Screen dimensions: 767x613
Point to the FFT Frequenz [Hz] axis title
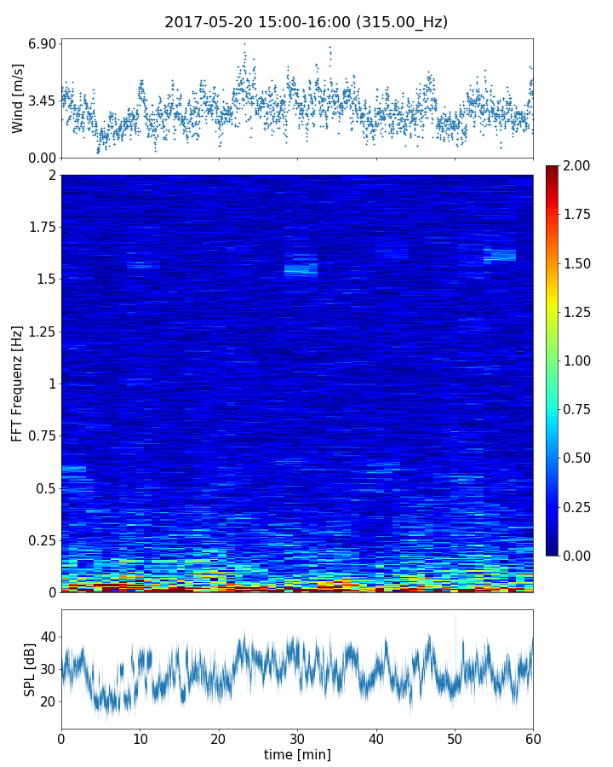pos(17,383)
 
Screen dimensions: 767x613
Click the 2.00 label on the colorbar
pos(576,165)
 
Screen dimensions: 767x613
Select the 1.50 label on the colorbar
pos(576,263)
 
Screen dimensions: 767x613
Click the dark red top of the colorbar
pos(553,170)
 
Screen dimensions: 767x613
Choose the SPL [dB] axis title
pos(30,669)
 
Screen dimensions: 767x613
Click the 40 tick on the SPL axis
pos(49,637)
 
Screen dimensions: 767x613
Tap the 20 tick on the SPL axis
pos(49,701)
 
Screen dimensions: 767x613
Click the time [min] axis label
pos(297,754)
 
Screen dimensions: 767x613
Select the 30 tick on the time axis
pos(297,737)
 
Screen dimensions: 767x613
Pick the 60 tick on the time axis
pos(533,737)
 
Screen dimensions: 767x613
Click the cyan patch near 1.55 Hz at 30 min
pos(301,270)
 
